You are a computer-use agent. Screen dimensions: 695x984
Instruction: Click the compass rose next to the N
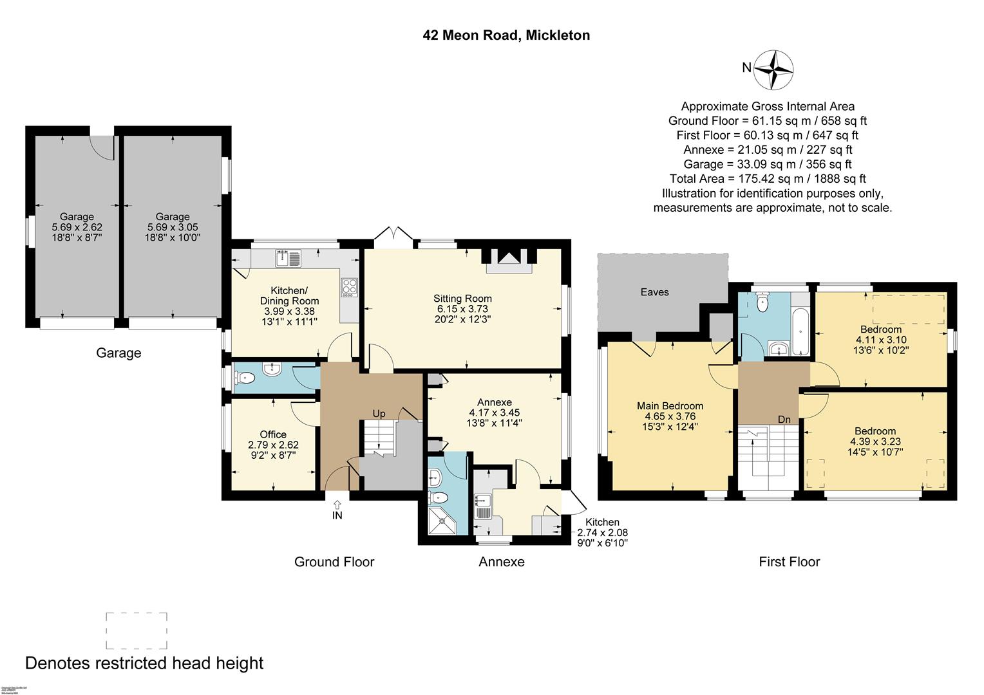coord(773,69)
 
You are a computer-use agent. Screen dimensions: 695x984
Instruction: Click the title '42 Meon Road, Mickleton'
coord(506,35)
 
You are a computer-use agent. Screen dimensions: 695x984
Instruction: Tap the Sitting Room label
coord(462,299)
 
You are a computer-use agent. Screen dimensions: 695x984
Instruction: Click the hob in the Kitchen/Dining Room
coord(349,286)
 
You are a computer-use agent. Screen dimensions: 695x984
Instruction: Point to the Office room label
coord(273,434)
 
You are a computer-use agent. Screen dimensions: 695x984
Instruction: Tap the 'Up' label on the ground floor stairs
coord(379,414)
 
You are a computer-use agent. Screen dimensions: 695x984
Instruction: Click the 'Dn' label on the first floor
coord(784,420)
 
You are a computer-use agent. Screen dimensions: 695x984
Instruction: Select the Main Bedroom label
coord(670,406)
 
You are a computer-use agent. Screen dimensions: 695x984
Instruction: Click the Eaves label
coord(654,292)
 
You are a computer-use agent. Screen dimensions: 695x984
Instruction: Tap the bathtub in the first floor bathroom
coord(799,331)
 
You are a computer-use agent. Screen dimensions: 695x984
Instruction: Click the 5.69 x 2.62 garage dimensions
coord(77,227)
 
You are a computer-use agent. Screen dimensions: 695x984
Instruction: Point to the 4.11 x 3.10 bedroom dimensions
coord(881,340)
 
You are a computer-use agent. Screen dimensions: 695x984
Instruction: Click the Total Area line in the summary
coord(768,179)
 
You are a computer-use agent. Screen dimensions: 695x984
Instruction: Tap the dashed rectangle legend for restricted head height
coord(137,631)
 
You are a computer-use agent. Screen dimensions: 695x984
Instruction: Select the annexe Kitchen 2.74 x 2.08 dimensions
coord(602,533)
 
